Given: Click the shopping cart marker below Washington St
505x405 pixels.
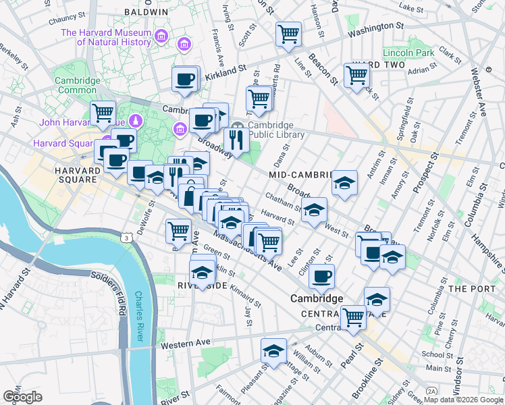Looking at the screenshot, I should click(x=289, y=33).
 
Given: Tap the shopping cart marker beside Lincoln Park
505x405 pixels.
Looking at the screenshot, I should click(x=356, y=75).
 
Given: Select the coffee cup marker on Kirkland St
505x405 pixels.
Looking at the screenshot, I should click(x=184, y=80).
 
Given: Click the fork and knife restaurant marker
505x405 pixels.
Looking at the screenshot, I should click(x=235, y=140).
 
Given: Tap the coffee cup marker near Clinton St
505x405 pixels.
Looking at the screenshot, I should click(x=322, y=276).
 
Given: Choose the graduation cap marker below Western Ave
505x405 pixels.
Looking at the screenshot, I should click(x=273, y=351).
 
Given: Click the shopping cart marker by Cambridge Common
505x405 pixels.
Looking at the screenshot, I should click(x=103, y=113).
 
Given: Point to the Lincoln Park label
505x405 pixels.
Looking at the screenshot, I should click(x=408, y=53).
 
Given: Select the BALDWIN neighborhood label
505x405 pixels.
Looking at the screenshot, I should click(x=146, y=12).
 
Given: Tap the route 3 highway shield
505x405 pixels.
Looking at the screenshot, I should click(x=126, y=237).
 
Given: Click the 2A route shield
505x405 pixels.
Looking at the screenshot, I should click(x=431, y=391).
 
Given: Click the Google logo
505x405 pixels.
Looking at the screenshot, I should click(x=22, y=396).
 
